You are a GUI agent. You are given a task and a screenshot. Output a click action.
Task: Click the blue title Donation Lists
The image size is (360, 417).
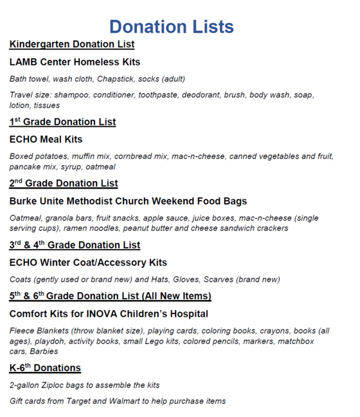(171, 26)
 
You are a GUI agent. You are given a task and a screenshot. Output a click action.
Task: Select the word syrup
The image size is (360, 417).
(84, 167)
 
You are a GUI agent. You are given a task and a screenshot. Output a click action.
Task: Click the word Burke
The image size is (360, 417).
(24, 201)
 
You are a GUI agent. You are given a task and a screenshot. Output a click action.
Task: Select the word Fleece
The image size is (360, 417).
(22, 331)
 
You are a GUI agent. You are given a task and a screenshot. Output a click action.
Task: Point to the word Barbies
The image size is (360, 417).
(43, 351)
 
